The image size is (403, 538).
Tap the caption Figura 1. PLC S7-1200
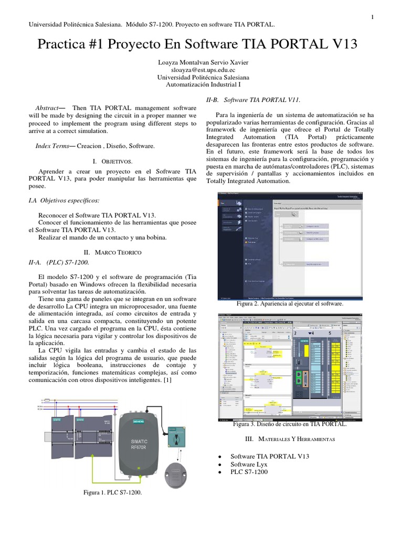tap(112, 493)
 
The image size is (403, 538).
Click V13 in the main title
tap(342, 44)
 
